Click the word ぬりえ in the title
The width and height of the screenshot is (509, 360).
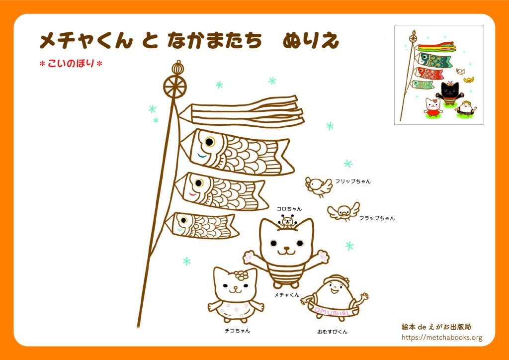[311, 41]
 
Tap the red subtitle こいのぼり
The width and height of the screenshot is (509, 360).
[71, 63]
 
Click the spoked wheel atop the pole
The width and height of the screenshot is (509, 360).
[174, 87]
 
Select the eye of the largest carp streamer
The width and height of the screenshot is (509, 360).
[209, 142]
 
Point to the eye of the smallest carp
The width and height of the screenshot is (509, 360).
[184, 220]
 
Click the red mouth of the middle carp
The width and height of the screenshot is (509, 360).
[192, 195]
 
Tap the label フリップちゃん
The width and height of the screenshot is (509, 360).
[352, 181]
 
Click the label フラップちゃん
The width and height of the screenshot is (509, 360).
[377, 218]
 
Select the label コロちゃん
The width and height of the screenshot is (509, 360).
[289, 209]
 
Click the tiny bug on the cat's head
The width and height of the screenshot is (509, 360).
[287, 221]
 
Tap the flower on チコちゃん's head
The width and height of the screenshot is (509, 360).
[241, 275]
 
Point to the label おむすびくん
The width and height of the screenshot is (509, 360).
[332, 332]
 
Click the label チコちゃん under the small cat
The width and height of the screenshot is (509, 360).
[237, 331]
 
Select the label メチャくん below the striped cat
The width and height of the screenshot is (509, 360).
[287, 295]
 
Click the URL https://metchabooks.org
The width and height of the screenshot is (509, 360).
[442, 338]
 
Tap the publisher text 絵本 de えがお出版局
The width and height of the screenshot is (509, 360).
[436, 327]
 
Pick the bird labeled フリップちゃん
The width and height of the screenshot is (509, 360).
[319, 186]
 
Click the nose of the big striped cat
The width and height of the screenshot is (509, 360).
[287, 248]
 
